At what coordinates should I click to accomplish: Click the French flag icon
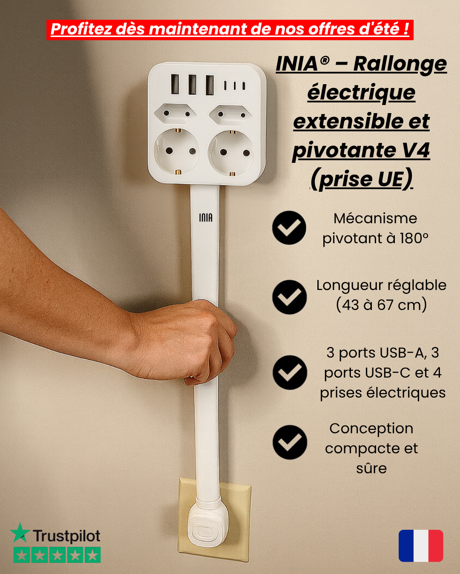click(x=421, y=546)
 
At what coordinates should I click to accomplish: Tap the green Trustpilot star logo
click(x=20, y=533)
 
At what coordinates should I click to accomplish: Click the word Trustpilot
click(x=66, y=536)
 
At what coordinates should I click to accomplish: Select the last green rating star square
click(x=92, y=555)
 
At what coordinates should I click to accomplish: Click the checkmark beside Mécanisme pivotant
click(x=289, y=228)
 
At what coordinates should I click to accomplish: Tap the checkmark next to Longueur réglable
click(x=289, y=297)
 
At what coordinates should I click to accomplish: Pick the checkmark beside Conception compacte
click(x=290, y=442)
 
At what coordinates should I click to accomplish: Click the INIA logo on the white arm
click(x=206, y=218)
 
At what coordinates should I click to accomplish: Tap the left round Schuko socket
click(x=176, y=151)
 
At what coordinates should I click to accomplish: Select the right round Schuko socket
click(x=231, y=152)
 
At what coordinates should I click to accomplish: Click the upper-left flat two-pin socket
click(x=175, y=114)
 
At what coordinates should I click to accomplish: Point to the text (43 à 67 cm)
click(x=381, y=305)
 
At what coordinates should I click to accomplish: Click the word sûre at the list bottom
click(x=371, y=468)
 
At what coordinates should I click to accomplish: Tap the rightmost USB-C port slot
click(x=244, y=86)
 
